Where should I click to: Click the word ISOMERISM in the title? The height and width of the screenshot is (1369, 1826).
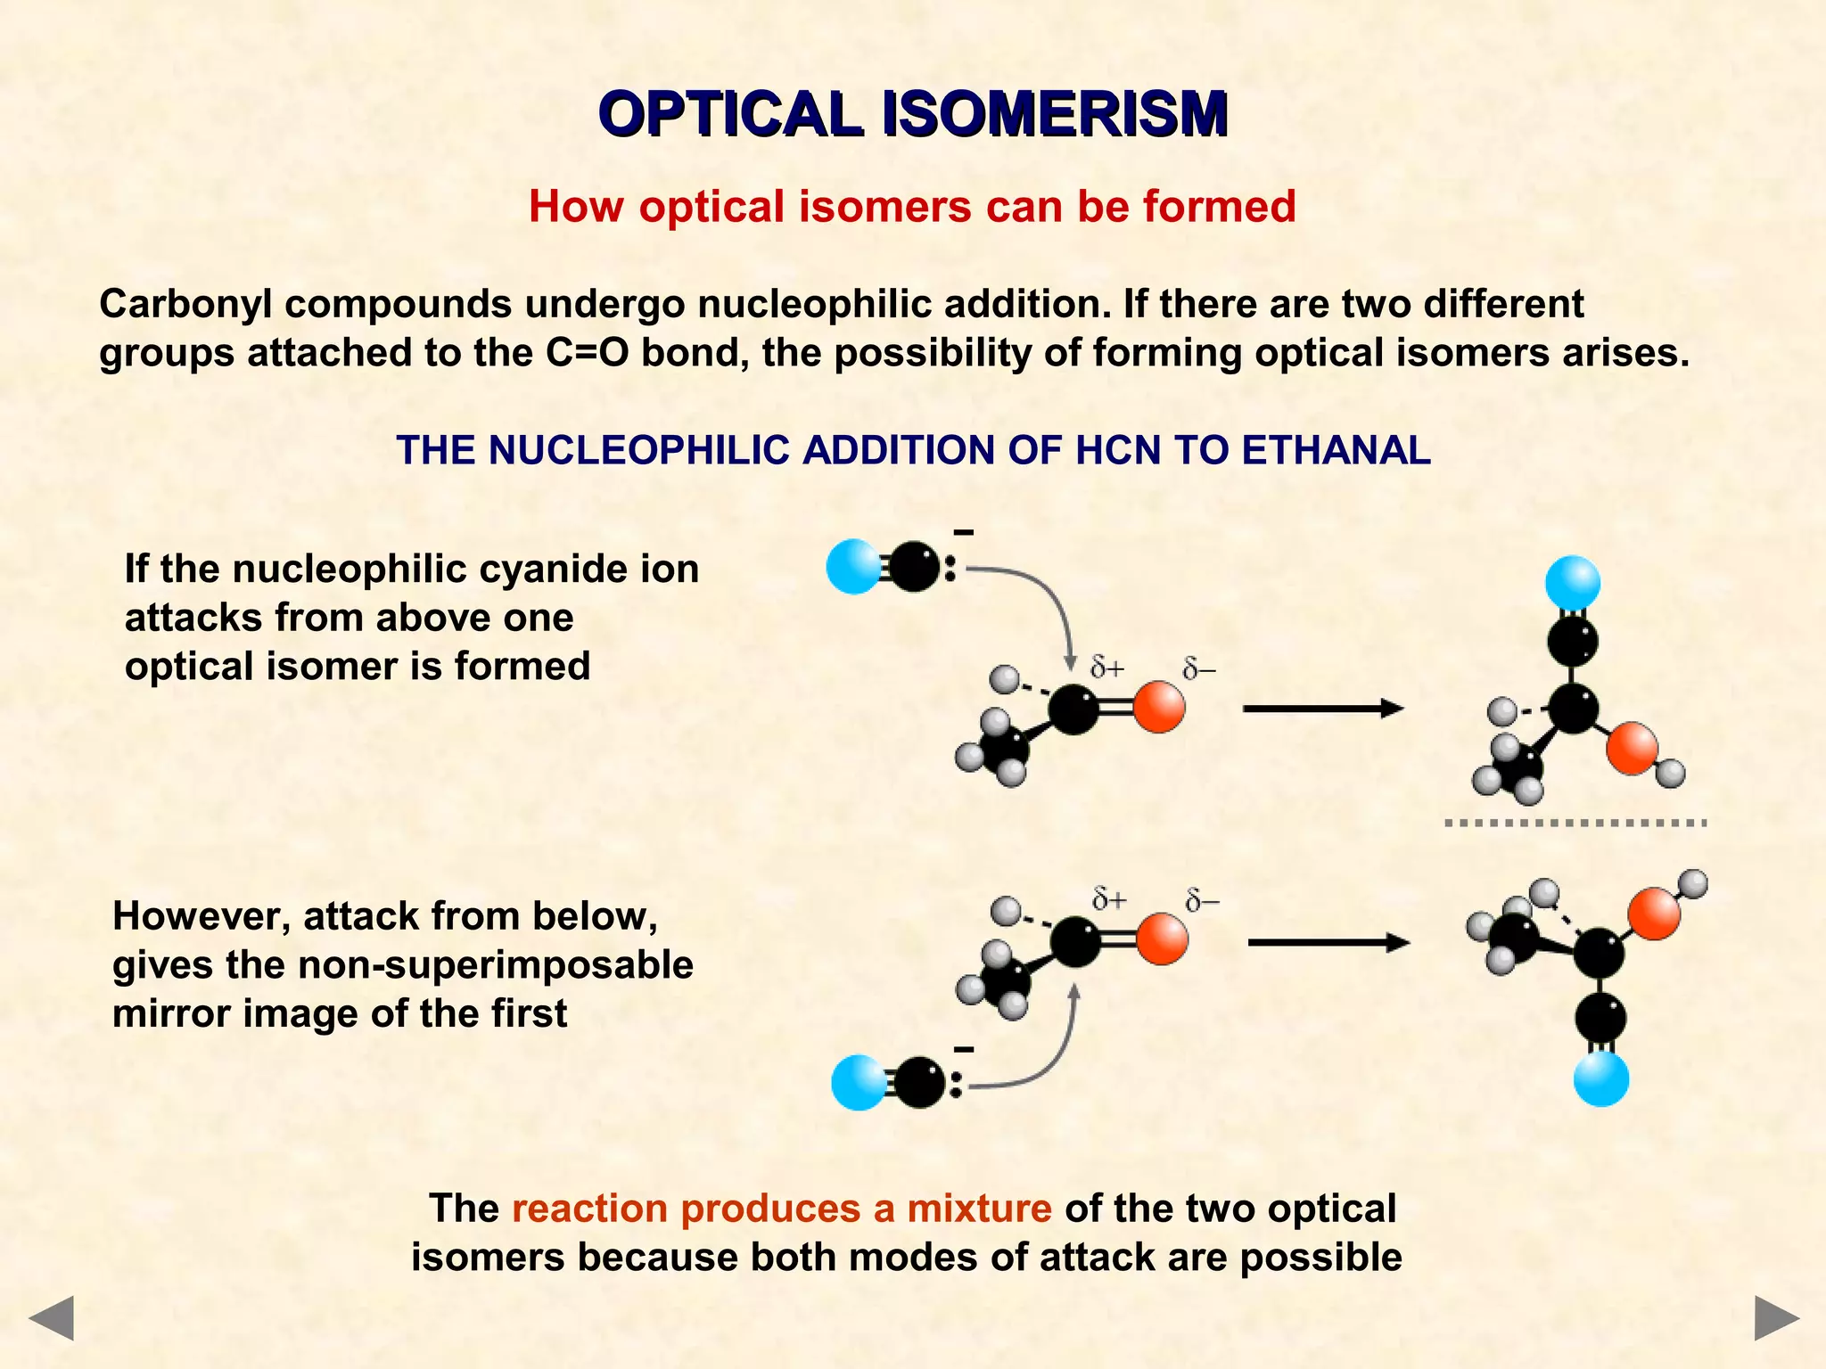point(1055,114)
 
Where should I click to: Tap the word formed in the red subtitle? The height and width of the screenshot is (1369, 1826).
point(1219,207)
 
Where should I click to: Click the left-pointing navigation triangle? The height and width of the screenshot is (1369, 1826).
point(51,1318)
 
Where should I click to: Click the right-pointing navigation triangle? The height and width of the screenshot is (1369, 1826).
point(1776,1318)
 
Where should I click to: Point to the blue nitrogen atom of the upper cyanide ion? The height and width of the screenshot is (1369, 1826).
point(853,567)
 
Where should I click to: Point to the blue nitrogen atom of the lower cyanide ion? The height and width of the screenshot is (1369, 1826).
point(858,1083)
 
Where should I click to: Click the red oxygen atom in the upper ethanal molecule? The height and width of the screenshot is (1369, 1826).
point(1159,708)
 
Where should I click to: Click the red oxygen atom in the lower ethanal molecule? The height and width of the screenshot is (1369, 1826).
point(1162,939)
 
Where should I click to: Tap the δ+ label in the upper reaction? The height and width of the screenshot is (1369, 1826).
point(1107,668)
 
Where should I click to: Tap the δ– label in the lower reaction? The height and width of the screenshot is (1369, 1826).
point(1202,901)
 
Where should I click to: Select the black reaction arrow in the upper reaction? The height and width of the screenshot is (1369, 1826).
point(1322,709)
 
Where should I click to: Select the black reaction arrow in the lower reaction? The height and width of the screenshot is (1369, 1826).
point(1328,942)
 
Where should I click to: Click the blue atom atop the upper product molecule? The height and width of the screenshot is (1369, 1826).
point(1573,583)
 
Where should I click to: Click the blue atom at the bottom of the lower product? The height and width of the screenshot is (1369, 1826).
point(1601,1078)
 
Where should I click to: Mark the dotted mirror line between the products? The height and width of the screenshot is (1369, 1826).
point(1575,823)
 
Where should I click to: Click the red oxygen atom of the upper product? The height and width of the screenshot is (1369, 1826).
point(1632,749)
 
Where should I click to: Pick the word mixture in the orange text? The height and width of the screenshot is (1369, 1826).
point(979,1209)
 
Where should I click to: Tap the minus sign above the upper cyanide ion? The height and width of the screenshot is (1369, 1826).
point(964,533)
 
